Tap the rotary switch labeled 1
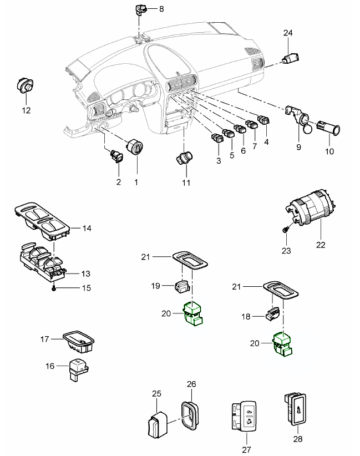tap(135, 149)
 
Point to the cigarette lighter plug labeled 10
tap(329, 129)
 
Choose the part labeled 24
tap(291, 58)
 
